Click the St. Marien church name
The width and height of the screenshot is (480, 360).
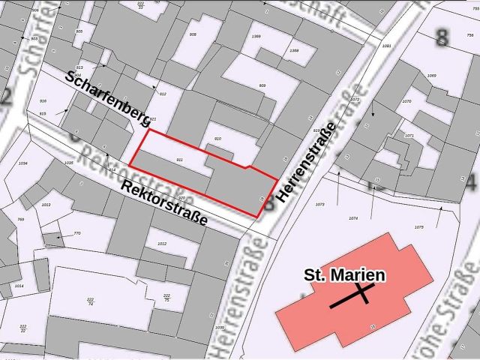(344, 275)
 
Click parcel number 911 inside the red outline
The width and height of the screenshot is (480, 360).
(179, 160)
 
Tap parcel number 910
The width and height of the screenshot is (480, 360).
(218, 139)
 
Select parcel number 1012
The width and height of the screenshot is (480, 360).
(161, 244)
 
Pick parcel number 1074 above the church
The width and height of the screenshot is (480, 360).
(354, 218)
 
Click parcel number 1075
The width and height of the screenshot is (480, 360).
(418, 226)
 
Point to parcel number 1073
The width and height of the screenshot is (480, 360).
(319, 204)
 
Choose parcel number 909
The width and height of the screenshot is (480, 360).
(262, 85)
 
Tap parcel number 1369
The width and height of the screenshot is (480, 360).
(256, 36)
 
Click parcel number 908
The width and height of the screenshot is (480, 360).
(193, 34)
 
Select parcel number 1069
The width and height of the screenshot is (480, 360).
(431, 76)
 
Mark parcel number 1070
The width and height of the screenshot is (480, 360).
(406, 100)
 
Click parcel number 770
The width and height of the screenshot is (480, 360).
(76, 233)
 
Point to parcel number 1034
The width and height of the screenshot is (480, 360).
(22, 163)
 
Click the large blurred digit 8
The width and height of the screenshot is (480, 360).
(442, 37)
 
